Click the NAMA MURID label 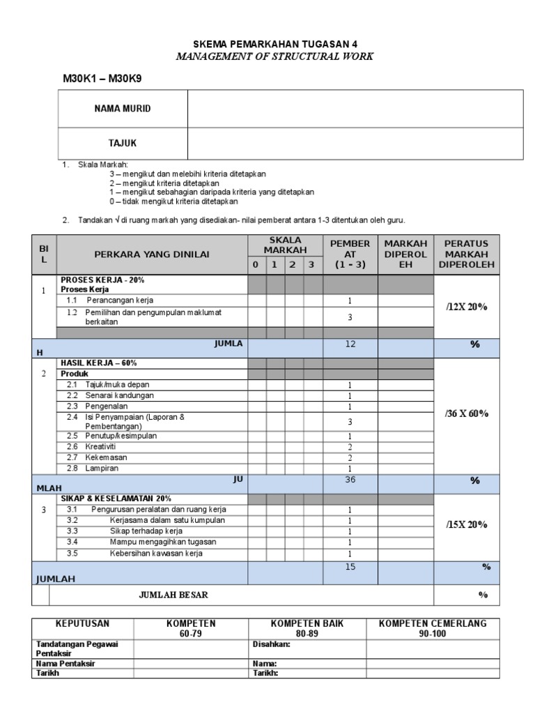pos(123,109)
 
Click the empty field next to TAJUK pos(355,143)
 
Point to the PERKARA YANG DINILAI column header pos(152,255)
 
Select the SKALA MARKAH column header pos(285,245)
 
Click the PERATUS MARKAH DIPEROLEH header pos(466,255)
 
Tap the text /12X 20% pos(466,307)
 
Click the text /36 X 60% pos(466,413)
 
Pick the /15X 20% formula pos(466,524)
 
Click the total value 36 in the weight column pos(350,480)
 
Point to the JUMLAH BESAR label pos(173,595)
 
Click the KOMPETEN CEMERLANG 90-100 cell pos(433,628)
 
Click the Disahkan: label pos(271,645)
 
